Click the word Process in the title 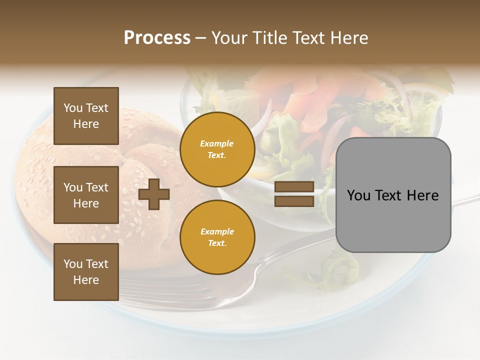pos(157,38)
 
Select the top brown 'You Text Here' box pos(86,116)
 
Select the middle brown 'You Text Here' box pos(86,195)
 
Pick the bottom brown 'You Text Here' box pos(86,272)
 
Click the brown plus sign pos(154,194)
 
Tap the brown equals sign pos(294,194)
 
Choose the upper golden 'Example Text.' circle pos(217,149)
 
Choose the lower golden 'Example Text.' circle pos(217,237)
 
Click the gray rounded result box pos(393,195)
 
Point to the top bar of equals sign pos(294,187)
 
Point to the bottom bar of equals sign pos(294,201)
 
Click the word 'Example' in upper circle pos(217,144)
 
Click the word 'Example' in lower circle pos(217,232)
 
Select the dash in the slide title pos(200,38)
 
